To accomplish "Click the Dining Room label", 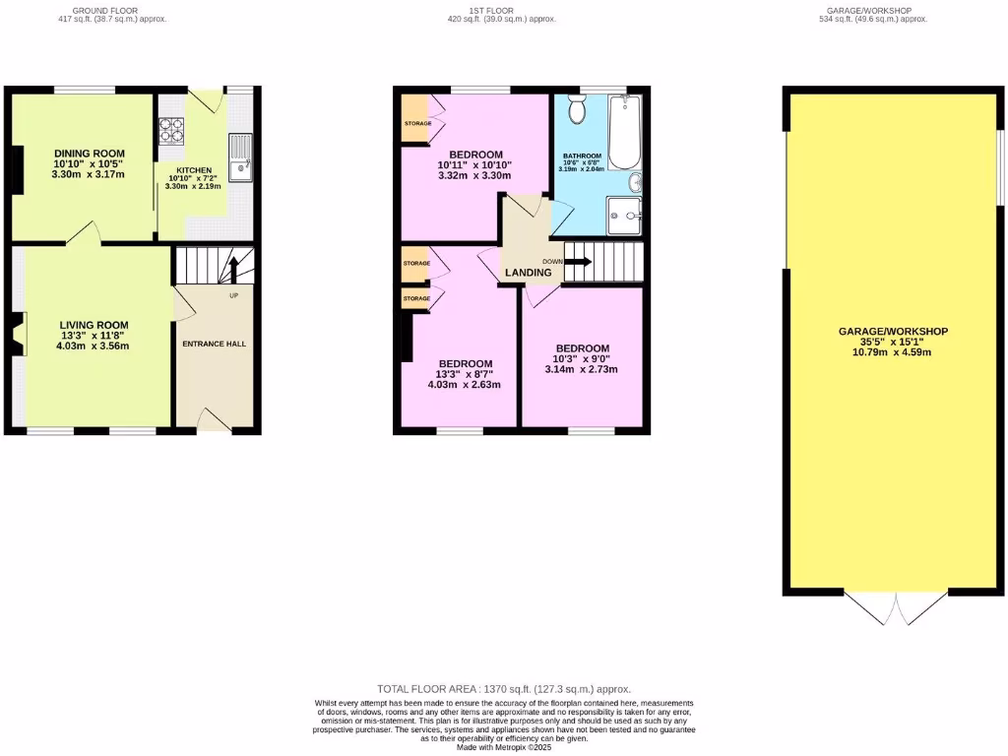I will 90,154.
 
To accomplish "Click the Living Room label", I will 93,325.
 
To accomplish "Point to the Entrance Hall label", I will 214,344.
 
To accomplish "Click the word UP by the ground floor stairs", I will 233,295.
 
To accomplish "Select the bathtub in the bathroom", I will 623,134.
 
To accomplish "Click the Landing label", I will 529,273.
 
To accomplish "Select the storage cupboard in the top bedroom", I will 414,123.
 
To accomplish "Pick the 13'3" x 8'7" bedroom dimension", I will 464,374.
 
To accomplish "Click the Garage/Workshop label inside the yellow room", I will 893,332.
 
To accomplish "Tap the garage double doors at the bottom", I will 894,608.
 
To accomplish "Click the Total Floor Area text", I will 504,689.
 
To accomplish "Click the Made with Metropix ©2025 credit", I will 504,746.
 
